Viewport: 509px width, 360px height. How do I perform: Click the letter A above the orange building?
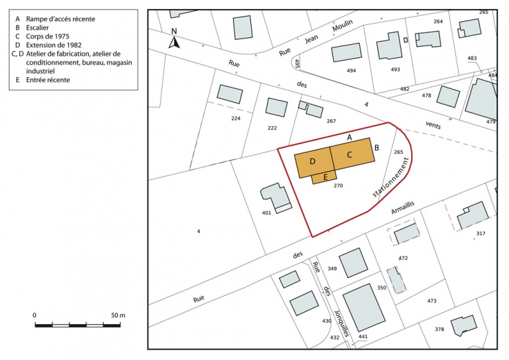[350, 138]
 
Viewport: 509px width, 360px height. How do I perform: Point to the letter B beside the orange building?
[377, 147]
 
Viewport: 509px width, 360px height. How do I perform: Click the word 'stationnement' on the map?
[392, 177]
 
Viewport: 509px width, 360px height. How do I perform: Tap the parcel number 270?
[338, 186]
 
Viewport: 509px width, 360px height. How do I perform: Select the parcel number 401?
[267, 213]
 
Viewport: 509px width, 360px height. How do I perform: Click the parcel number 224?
[236, 118]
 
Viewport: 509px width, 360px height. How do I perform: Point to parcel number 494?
[351, 70]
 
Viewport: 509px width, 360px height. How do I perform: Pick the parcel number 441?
[363, 337]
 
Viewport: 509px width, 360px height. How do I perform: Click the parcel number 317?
[480, 234]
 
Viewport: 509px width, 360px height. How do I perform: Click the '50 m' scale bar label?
[118, 315]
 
